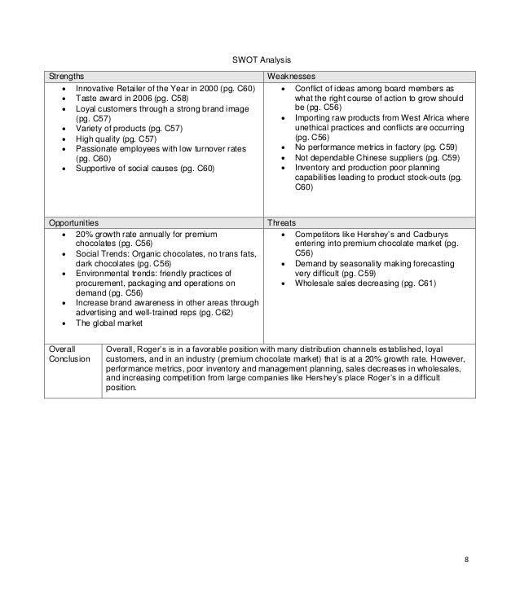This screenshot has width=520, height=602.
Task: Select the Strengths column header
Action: tap(66, 75)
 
